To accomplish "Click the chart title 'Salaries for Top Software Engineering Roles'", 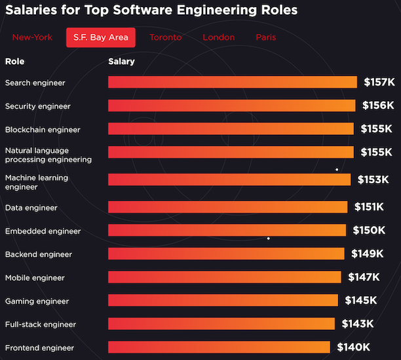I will pyautogui.click(x=151, y=10).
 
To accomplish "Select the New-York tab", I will pyautogui.click(x=32, y=37).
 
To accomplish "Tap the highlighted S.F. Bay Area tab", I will pyautogui.click(x=101, y=37).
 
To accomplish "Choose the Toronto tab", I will pyautogui.click(x=165, y=37).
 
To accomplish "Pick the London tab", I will pyautogui.click(x=218, y=37).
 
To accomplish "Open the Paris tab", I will pyautogui.click(x=266, y=37).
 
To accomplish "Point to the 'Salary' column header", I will pyautogui.click(x=121, y=62).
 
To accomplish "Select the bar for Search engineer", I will pyautogui.click(x=233, y=82).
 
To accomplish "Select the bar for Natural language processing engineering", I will pyautogui.click(x=231, y=152).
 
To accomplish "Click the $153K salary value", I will pyautogui.click(x=373, y=179).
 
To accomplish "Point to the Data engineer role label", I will pyautogui.click(x=31, y=207).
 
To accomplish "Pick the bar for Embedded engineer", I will pyautogui.click(x=227, y=230).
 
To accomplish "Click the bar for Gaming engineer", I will pyautogui.click(x=223, y=300).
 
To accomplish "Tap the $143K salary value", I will pyautogui.click(x=357, y=324).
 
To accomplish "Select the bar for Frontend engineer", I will pyautogui.click(x=219, y=347).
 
